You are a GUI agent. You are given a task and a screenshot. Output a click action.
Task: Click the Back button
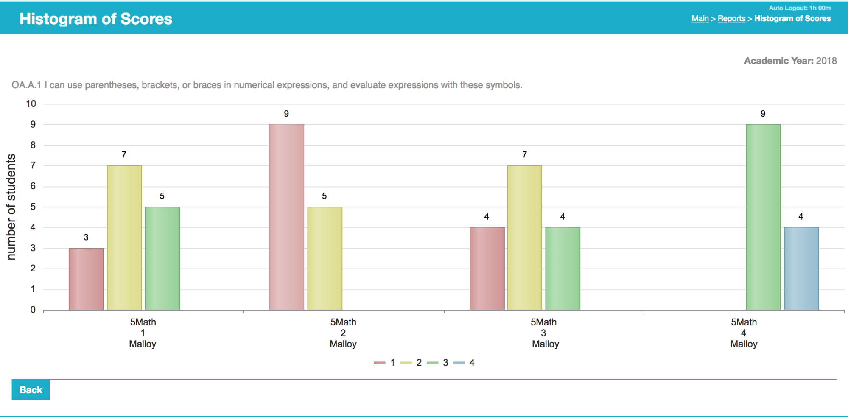[x=31, y=390]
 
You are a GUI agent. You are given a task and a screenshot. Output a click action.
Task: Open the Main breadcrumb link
[x=700, y=19]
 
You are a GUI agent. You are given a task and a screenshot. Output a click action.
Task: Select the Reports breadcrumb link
[x=731, y=19]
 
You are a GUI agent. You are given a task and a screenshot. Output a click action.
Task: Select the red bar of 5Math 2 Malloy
[x=286, y=217]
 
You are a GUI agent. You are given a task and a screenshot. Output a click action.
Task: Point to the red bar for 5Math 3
[x=487, y=269]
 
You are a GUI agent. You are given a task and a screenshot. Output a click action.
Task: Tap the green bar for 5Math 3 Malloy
[x=563, y=269]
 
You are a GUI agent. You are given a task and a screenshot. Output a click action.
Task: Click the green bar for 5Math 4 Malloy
[x=763, y=217]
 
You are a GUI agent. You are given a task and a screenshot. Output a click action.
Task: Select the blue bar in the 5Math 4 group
[x=801, y=269]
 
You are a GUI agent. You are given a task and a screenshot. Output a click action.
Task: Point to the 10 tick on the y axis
[x=31, y=104]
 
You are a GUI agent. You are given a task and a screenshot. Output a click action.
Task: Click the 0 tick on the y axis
[x=33, y=310]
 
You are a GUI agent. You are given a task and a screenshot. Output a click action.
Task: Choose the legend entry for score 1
[x=385, y=363]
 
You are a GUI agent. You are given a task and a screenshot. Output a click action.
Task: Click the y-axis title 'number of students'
[x=11, y=207]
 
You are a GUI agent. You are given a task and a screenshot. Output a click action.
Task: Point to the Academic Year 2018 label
[x=790, y=61]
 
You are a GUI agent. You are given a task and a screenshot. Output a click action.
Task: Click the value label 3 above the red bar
[x=86, y=238]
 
